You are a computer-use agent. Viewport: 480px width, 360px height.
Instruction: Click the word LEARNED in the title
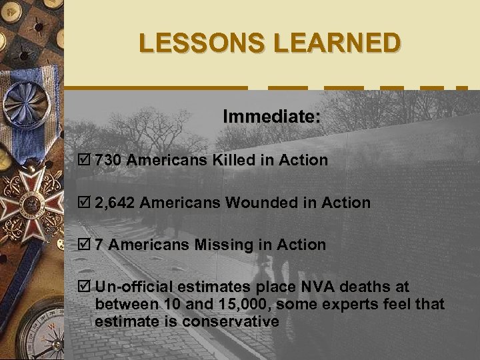[337, 43]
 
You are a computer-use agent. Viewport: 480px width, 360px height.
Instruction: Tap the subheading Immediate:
[271, 117]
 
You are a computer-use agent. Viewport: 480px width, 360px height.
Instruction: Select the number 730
[109, 160]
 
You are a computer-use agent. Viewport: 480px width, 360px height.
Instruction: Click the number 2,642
[115, 203]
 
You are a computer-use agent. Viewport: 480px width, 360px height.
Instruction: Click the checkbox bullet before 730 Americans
[84, 160]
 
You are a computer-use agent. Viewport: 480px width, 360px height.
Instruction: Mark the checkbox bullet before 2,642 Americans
[84, 203]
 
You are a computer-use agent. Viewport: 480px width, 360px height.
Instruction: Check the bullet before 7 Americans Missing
[84, 245]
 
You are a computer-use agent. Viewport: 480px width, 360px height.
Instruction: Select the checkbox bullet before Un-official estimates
[84, 287]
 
